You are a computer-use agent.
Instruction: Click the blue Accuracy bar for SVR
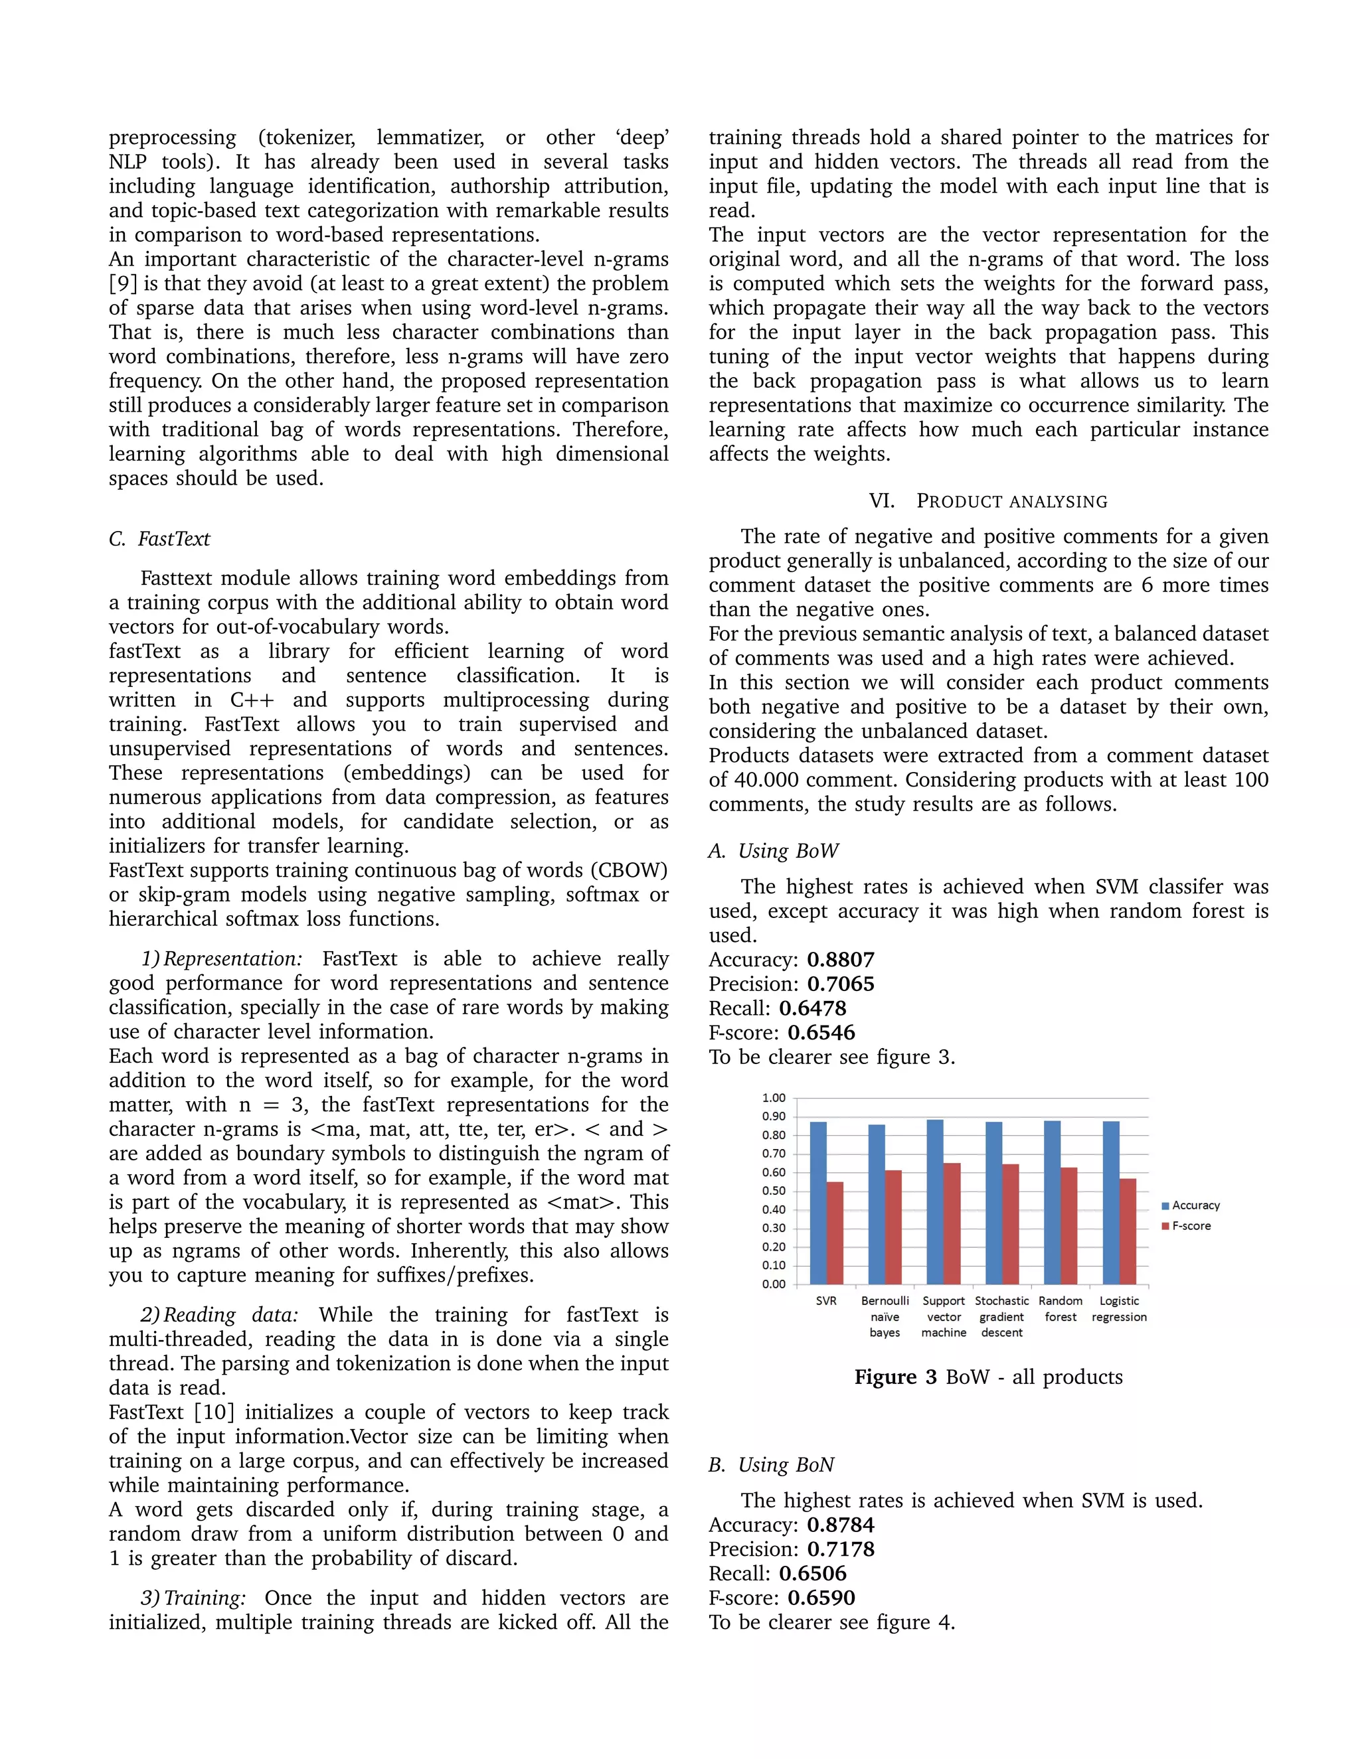click(x=817, y=1203)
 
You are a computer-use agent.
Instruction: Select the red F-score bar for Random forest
click(x=1069, y=1225)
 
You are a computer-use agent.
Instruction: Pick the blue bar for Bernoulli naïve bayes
click(x=877, y=1204)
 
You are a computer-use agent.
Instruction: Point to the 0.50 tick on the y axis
click(x=774, y=1191)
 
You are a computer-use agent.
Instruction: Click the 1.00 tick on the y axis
click(x=774, y=1098)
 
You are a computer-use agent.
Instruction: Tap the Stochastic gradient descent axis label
click(x=1001, y=1316)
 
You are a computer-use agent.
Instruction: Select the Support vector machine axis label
click(x=944, y=1316)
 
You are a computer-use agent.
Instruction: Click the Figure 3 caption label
click(x=895, y=1377)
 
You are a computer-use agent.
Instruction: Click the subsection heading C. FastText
click(x=159, y=539)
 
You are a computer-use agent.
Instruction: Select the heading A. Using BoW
click(x=774, y=852)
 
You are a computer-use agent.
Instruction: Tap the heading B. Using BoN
click(x=772, y=1465)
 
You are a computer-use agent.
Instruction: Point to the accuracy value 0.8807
click(x=840, y=960)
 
